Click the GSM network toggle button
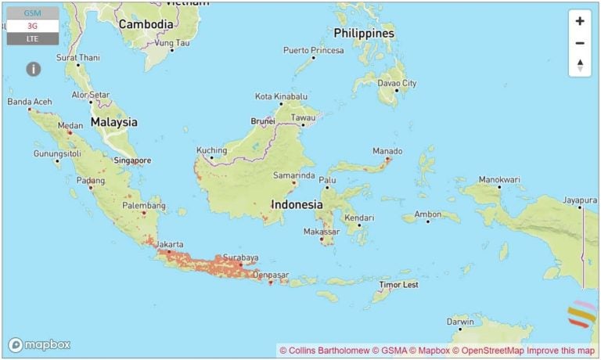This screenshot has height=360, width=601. click(x=32, y=13)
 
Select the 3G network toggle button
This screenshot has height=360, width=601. click(x=32, y=26)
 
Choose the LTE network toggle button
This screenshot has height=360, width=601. click(x=32, y=38)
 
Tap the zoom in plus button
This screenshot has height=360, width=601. click(x=579, y=21)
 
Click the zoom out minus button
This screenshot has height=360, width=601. click(x=579, y=43)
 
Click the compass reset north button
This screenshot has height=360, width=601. click(x=579, y=65)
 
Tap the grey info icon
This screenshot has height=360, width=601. click(x=33, y=69)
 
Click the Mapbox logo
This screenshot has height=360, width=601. click(x=40, y=344)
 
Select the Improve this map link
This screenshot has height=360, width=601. click(x=560, y=350)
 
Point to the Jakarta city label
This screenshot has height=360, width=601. click(x=170, y=245)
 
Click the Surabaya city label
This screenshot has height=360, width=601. click(x=239, y=257)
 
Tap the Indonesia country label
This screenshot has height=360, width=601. click(x=297, y=204)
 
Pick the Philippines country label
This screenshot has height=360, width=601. click(x=363, y=34)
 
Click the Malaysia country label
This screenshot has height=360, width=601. click(x=113, y=122)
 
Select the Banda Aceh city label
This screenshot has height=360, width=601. click(x=30, y=102)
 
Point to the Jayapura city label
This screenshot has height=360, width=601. click(x=579, y=200)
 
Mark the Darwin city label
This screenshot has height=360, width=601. click(x=459, y=322)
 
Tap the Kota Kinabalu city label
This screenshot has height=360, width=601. click(x=280, y=96)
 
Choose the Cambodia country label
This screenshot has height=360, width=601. click(x=146, y=24)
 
